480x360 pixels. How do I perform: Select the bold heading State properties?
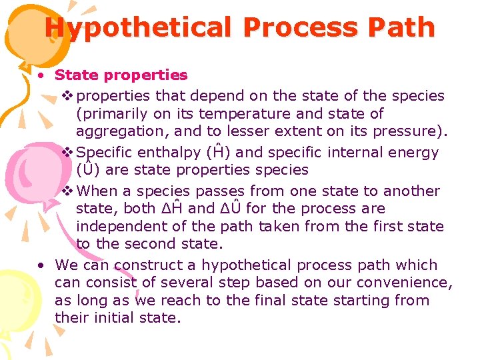(121, 75)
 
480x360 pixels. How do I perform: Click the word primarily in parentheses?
(113, 114)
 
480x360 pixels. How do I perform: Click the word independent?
(119, 226)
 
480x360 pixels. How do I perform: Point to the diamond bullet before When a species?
(67, 191)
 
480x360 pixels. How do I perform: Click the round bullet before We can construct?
(41, 265)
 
